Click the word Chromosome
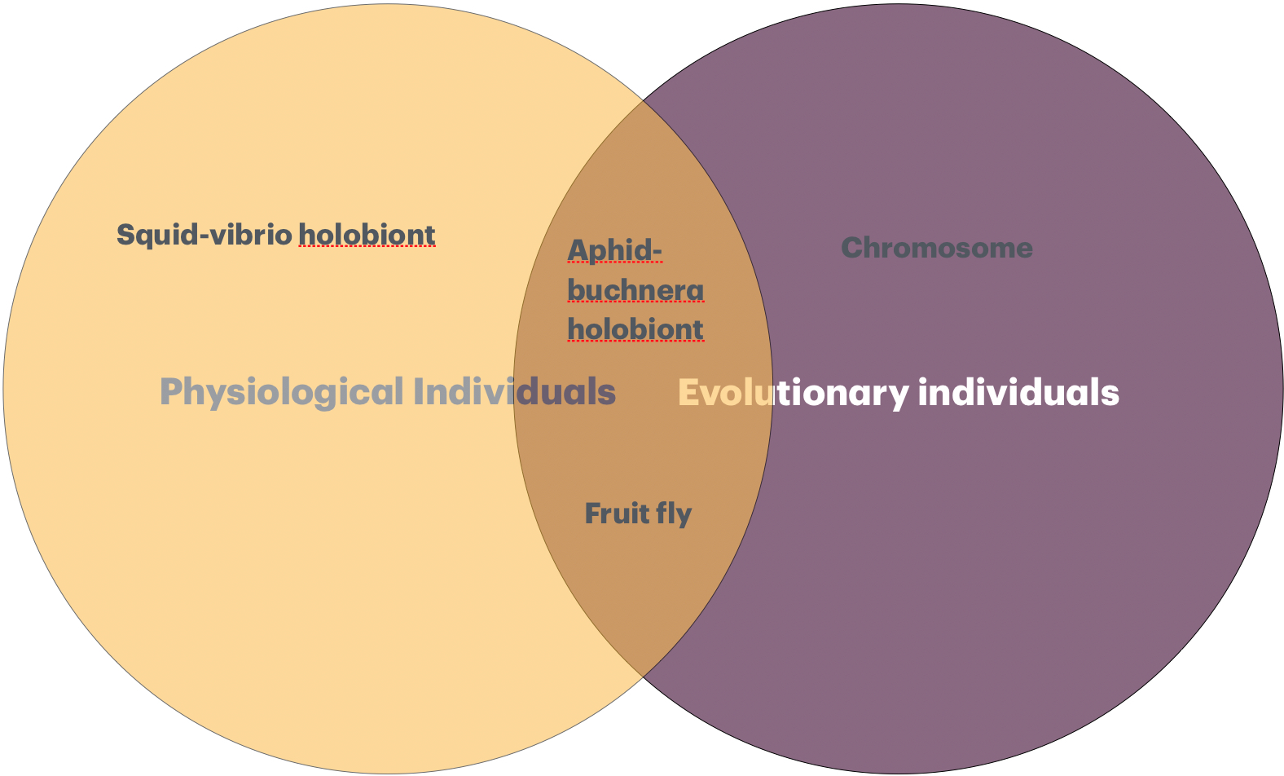(x=937, y=248)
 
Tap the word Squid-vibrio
(x=204, y=235)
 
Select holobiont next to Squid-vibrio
(x=367, y=235)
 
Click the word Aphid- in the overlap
(x=614, y=252)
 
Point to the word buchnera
(x=635, y=290)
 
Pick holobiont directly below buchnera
(x=635, y=329)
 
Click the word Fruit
(x=617, y=514)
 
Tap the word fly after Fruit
(x=674, y=514)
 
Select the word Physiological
(x=281, y=393)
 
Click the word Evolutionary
(x=794, y=394)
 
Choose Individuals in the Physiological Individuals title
(x=514, y=391)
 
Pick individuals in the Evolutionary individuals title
(x=1018, y=392)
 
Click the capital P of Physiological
(x=171, y=392)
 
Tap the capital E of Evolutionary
(x=688, y=393)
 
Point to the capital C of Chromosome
(x=852, y=248)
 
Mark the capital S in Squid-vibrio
(x=125, y=235)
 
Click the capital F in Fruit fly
(x=593, y=514)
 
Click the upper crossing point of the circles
(x=643, y=100)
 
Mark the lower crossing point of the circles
(x=643, y=677)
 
